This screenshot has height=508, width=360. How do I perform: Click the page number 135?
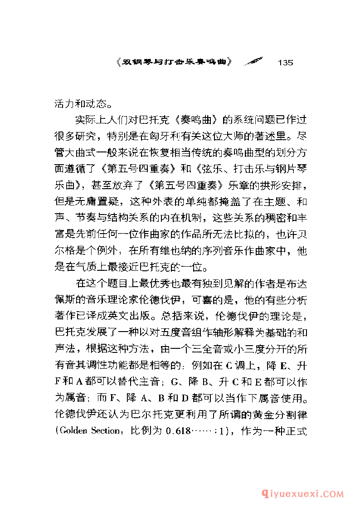tap(284, 62)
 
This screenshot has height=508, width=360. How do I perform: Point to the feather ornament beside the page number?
tap(253, 62)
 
